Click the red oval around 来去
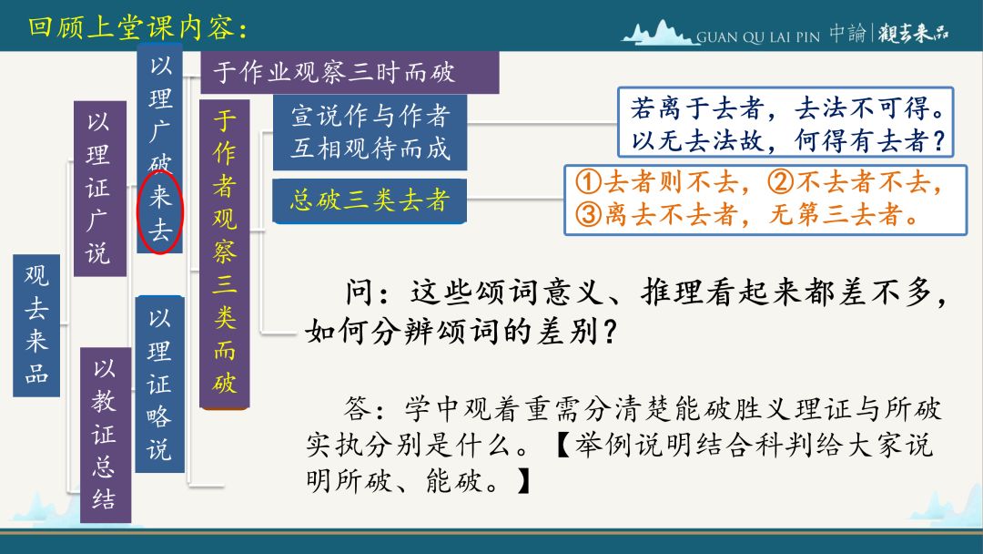pyautogui.click(x=138, y=213)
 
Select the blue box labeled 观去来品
pyautogui.click(x=36, y=325)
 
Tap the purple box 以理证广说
pyautogui.click(x=100, y=189)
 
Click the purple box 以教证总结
pyautogui.click(x=106, y=435)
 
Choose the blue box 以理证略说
pyautogui.click(x=160, y=384)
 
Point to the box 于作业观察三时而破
pyautogui.click(x=350, y=72)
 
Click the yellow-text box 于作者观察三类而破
pyautogui.click(x=225, y=253)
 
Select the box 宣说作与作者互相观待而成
pyautogui.click(x=370, y=132)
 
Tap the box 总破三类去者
pyautogui.click(x=370, y=200)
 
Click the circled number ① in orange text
pyautogui.click(x=589, y=182)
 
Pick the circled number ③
pyautogui.click(x=589, y=214)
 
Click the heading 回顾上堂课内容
pyautogui.click(x=138, y=27)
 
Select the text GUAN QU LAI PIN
pyautogui.click(x=758, y=37)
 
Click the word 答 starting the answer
pyautogui.click(x=358, y=408)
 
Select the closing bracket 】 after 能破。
pyautogui.click(x=523, y=482)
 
